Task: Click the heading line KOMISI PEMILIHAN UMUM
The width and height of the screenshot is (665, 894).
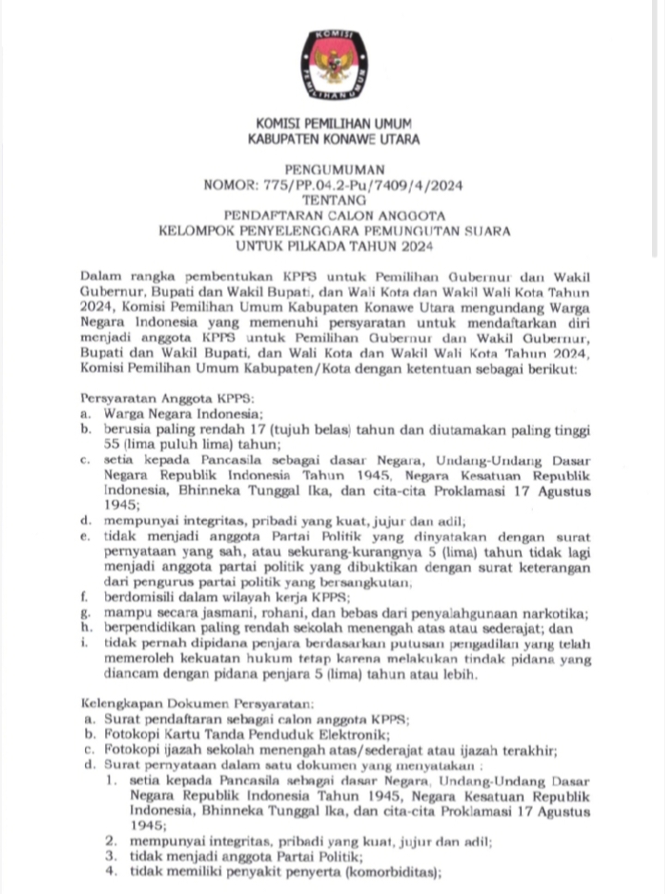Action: click(333, 124)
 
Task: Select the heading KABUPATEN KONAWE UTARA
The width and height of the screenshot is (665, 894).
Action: click(333, 139)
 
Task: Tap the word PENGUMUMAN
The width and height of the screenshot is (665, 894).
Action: click(333, 171)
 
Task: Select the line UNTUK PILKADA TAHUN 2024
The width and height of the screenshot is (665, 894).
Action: click(333, 246)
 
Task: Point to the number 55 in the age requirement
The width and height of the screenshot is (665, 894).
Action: click(112, 442)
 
